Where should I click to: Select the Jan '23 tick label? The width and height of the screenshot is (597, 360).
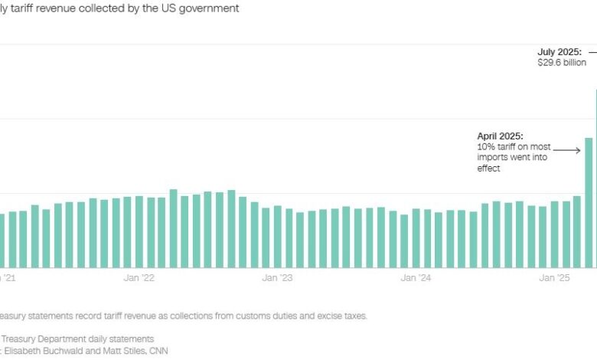(276, 278)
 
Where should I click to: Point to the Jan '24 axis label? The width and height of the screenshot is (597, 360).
(415, 278)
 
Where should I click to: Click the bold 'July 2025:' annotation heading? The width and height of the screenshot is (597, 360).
(559, 53)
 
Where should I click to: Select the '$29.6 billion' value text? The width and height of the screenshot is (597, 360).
(562, 63)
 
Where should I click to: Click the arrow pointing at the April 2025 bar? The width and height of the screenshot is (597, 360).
(566, 150)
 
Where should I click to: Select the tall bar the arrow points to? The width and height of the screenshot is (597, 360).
(589, 202)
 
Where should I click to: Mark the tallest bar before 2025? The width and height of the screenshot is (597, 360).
(173, 227)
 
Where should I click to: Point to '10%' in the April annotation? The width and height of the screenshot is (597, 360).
(486, 146)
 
